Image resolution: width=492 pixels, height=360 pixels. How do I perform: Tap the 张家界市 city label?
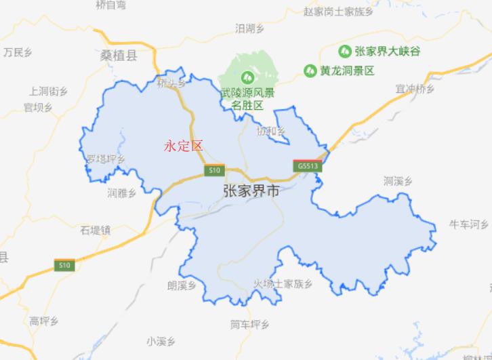pos(251,192)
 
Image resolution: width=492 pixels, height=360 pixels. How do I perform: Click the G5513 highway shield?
pos(306,165)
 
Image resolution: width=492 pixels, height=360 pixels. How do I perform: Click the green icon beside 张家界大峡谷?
pos(345,51)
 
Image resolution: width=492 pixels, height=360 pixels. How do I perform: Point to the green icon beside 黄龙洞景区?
pos(310,70)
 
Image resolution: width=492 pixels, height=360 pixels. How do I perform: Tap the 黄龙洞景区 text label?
pos(348,70)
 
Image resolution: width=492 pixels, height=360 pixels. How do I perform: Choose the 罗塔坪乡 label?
pos(106,159)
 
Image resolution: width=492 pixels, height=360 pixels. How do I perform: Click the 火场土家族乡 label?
pos(283,283)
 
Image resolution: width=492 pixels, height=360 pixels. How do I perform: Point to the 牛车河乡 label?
pos(470,224)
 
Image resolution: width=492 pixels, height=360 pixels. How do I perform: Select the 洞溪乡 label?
pos(398,180)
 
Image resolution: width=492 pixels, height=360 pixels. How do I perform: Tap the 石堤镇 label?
pos(95,230)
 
